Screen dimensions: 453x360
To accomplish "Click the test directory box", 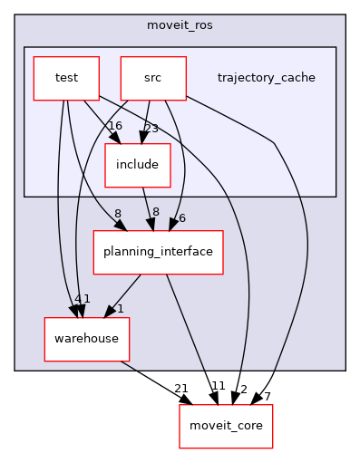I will click(66, 79).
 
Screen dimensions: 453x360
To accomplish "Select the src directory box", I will click(153, 79).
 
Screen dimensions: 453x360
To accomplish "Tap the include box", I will click(138, 165).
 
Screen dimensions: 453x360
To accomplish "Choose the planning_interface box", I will click(159, 252).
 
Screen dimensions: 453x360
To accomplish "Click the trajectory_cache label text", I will click(266, 78).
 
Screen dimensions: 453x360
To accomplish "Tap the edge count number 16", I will click(114, 126).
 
